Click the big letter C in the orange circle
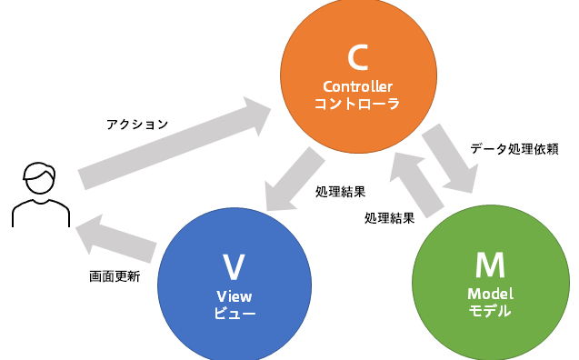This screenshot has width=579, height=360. (x=357, y=57)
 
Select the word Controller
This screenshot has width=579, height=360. (x=358, y=86)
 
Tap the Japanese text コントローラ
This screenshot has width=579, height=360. (x=357, y=104)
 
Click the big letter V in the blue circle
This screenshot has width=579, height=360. (x=234, y=267)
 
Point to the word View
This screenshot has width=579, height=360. (x=235, y=296)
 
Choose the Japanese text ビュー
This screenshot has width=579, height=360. (x=235, y=313)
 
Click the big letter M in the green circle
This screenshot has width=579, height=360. (x=490, y=265)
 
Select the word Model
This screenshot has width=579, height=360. (x=491, y=294)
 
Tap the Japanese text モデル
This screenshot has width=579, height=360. (x=490, y=311)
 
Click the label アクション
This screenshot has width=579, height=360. (x=137, y=125)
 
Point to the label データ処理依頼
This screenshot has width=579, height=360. (x=514, y=149)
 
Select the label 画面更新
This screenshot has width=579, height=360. (x=115, y=276)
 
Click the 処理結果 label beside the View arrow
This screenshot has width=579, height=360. (x=341, y=192)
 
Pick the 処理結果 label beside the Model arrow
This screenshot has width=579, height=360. (x=390, y=218)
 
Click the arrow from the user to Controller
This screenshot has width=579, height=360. (x=175, y=143)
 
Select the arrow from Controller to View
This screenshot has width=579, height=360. (x=294, y=180)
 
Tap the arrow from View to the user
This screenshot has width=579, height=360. (x=116, y=239)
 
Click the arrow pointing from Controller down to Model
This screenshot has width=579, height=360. (x=451, y=158)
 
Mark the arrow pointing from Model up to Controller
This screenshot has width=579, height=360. (x=417, y=185)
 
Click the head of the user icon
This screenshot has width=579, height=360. (x=40, y=177)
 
